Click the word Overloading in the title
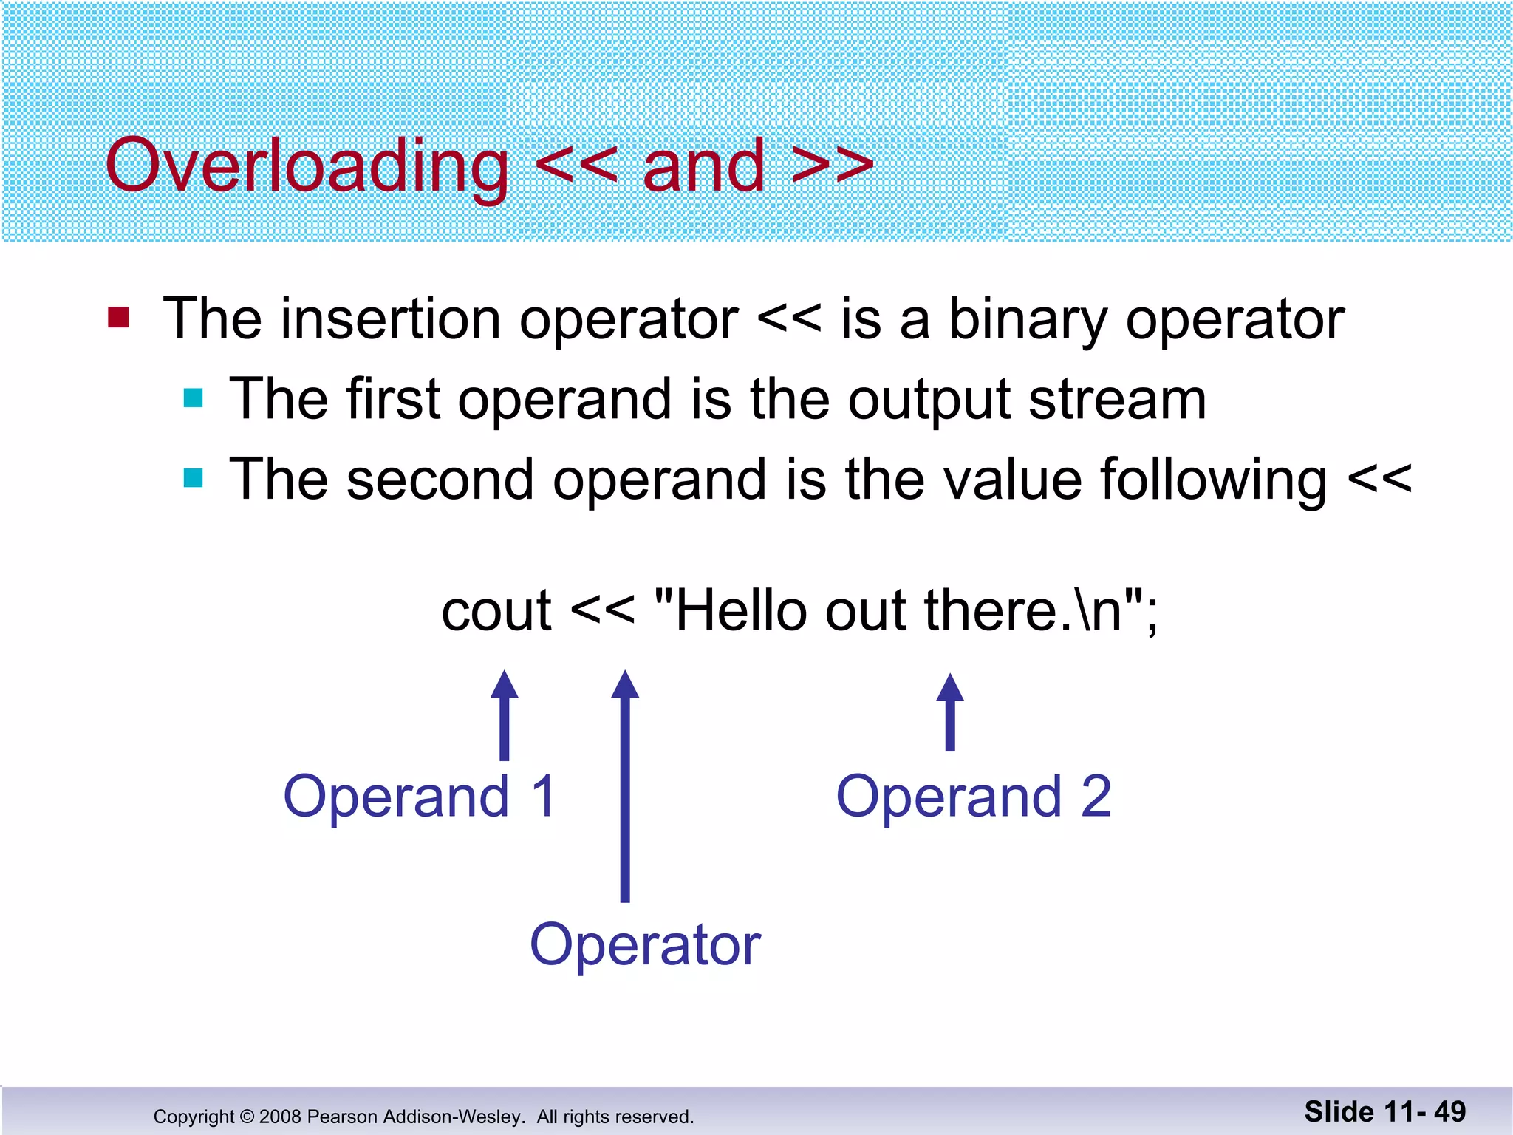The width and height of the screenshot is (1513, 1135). pyautogui.click(x=307, y=166)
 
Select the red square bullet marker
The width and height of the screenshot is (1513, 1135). pyautogui.click(x=118, y=318)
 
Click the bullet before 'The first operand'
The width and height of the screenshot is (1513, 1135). pyautogui.click(x=193, y=398)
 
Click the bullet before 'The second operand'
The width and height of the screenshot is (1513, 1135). pyautogui.click(x=193, y=478)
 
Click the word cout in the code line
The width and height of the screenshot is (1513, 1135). pyautogui.click(x=496, y=612)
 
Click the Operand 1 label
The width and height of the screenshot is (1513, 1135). pyautogui.click(x=419, y=797)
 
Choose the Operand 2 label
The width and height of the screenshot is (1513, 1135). pyautogui.click(x=973, y=797)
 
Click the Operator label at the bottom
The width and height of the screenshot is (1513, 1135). pyautogui.click(x=645, y=946)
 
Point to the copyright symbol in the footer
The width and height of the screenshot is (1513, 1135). pyautogui.click(x=247, y=1117)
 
